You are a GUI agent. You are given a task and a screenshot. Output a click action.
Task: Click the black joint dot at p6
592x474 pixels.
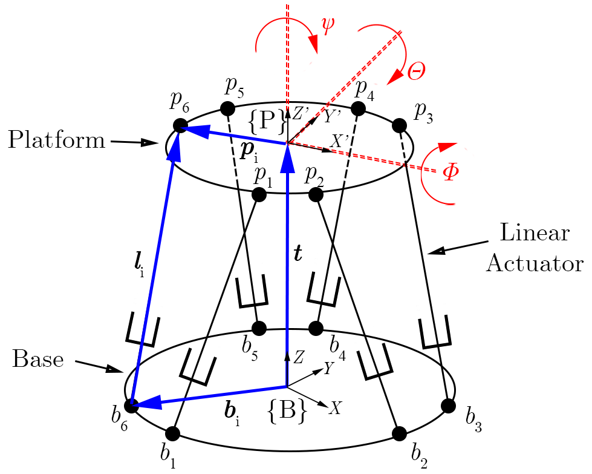click(180, 125)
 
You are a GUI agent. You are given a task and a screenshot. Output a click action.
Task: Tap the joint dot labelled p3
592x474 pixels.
click(398, 125)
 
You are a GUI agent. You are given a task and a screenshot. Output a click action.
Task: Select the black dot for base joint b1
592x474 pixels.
click(172, 433)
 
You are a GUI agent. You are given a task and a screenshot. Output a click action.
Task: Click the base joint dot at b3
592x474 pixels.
click(448, 405)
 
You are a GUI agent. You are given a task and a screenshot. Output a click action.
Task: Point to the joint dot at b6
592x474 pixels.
click(131, 405)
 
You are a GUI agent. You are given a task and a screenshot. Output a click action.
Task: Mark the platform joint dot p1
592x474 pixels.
click(259, 194)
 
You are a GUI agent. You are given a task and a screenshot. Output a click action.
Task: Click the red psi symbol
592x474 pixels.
click(328, 27)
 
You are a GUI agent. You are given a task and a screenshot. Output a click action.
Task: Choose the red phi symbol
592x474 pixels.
click(450, 172)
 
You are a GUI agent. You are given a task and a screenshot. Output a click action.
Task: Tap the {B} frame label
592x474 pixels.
click(286, 413)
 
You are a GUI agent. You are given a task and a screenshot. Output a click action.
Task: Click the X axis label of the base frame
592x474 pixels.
click(335, 409)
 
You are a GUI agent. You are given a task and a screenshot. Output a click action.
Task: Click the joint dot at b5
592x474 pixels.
click(259, 328)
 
